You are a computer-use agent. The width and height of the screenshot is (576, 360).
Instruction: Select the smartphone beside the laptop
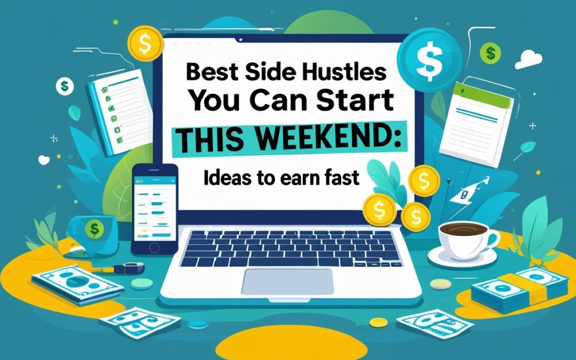coord(154,208)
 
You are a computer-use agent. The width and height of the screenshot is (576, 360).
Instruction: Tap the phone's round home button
coord(154,247)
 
